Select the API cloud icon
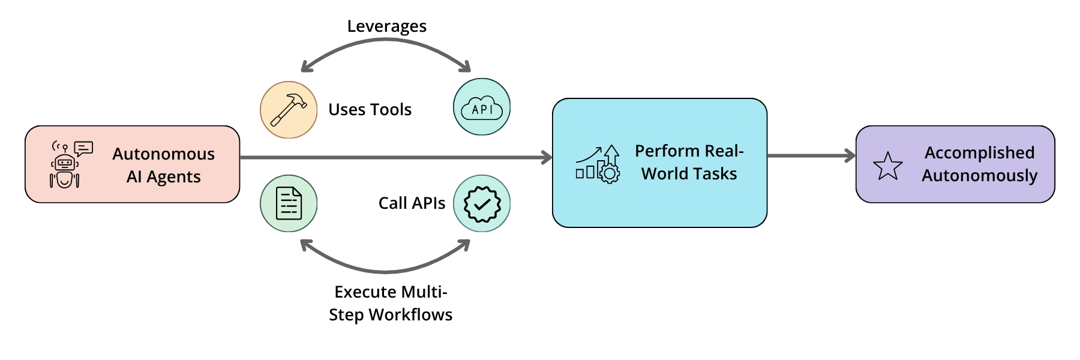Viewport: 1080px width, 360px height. coord(482,109)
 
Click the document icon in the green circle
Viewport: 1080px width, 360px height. coord(288,203)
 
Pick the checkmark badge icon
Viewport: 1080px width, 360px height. coord(481,203)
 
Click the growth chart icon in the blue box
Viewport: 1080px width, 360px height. coord(598,163)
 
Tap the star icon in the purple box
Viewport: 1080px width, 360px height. coord(887,166)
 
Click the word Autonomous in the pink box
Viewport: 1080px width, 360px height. coord(163,154)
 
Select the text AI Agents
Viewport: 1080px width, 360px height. coord(163,177)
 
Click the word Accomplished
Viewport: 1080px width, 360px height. coord(979,153)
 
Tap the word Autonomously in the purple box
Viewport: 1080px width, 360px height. coord(979,176)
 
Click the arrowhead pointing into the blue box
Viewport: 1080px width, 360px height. coord(545,158)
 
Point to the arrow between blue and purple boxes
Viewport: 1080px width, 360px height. coord(810,156)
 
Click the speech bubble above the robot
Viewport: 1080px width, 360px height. coord(83,148)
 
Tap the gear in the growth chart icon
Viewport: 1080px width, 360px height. coord(610,175)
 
